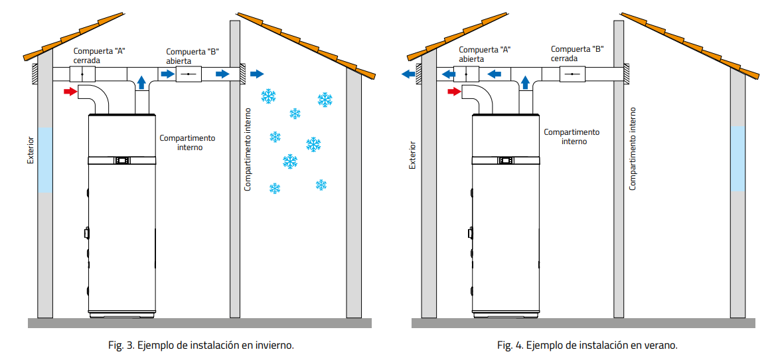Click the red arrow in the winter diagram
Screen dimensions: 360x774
[70, 91]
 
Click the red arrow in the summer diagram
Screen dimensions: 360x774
[454, 91]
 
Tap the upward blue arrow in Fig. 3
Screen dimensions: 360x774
[141, 83]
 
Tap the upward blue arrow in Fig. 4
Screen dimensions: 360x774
[525, 82]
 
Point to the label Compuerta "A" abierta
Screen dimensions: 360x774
[484, 54]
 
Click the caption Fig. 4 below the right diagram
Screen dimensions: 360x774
[587, 345]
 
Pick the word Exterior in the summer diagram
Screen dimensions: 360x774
[412, 155]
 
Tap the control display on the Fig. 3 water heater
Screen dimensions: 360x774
[122, 160]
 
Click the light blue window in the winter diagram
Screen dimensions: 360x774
[44, 160]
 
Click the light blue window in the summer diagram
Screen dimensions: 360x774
[737, 159]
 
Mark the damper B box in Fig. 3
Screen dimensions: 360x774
[189, 74]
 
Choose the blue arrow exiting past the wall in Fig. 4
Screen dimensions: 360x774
[408, 74]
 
